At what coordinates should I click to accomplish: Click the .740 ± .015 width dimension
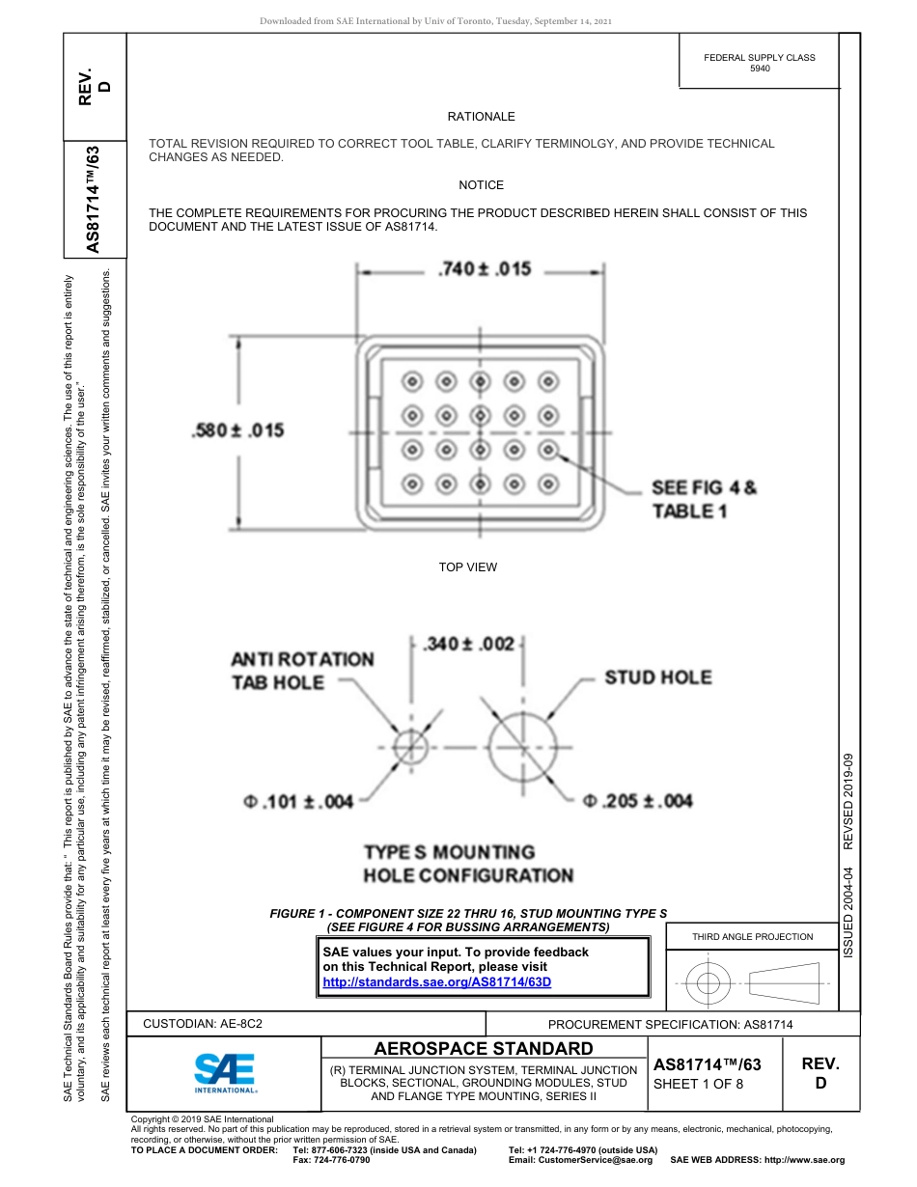(485, 269)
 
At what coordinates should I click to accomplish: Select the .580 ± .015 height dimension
(238, 430)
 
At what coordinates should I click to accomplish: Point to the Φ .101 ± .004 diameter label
(299, 800)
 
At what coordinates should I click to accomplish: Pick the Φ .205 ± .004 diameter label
(638, 800)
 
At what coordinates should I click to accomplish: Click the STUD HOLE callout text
(657, 677)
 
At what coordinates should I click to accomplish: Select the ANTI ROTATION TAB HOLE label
(302, 671)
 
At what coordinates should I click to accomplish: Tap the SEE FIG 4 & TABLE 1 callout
(705, 499)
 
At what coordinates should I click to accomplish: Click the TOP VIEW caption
(468, 567)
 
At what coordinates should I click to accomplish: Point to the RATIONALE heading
(481, 117)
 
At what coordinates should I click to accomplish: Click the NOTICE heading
(481, 185)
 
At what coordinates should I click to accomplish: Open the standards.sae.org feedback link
(436, 982)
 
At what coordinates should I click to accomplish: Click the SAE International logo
(225, 1072)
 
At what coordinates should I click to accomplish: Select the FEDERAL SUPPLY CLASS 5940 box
(759, 63)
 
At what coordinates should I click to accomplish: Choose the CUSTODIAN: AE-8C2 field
(203, 1023)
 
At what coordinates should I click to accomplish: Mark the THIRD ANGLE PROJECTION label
(752, 936)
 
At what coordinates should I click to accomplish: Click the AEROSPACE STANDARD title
(484, 1049)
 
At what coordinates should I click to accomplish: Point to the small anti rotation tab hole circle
(409, 746)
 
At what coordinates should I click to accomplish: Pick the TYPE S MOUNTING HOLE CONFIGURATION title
(468, 864)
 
